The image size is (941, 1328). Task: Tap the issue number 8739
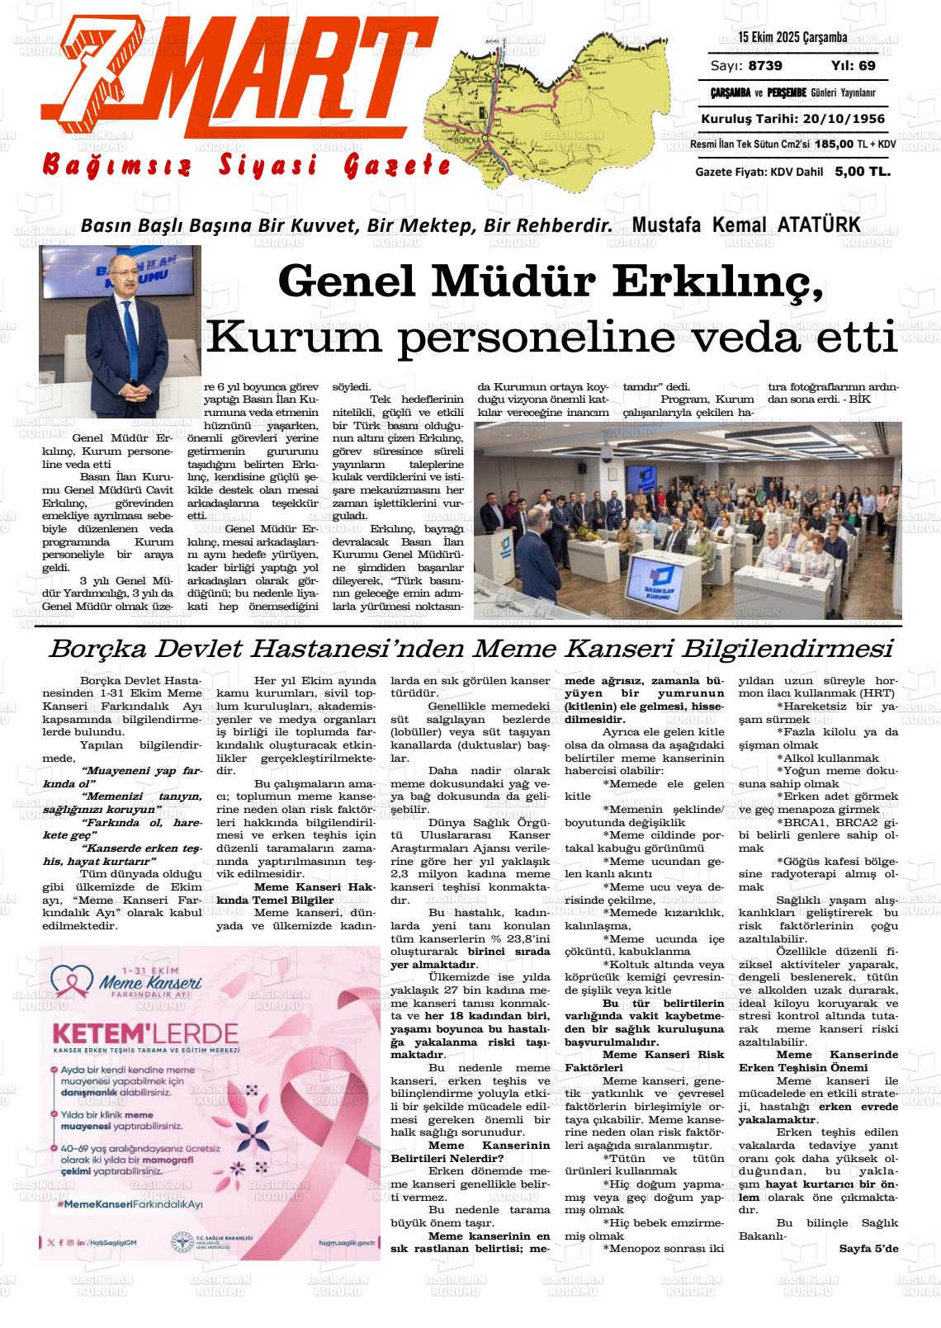[x=766, y=66]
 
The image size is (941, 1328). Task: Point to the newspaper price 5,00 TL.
[x=863, y=172]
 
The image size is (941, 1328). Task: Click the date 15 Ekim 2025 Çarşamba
[x=792, y=38]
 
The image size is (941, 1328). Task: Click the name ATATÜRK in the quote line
[x=818, y=224]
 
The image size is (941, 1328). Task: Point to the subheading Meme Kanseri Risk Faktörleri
[x=644, y=1061]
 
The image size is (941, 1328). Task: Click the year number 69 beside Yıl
[x=867, y=66]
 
